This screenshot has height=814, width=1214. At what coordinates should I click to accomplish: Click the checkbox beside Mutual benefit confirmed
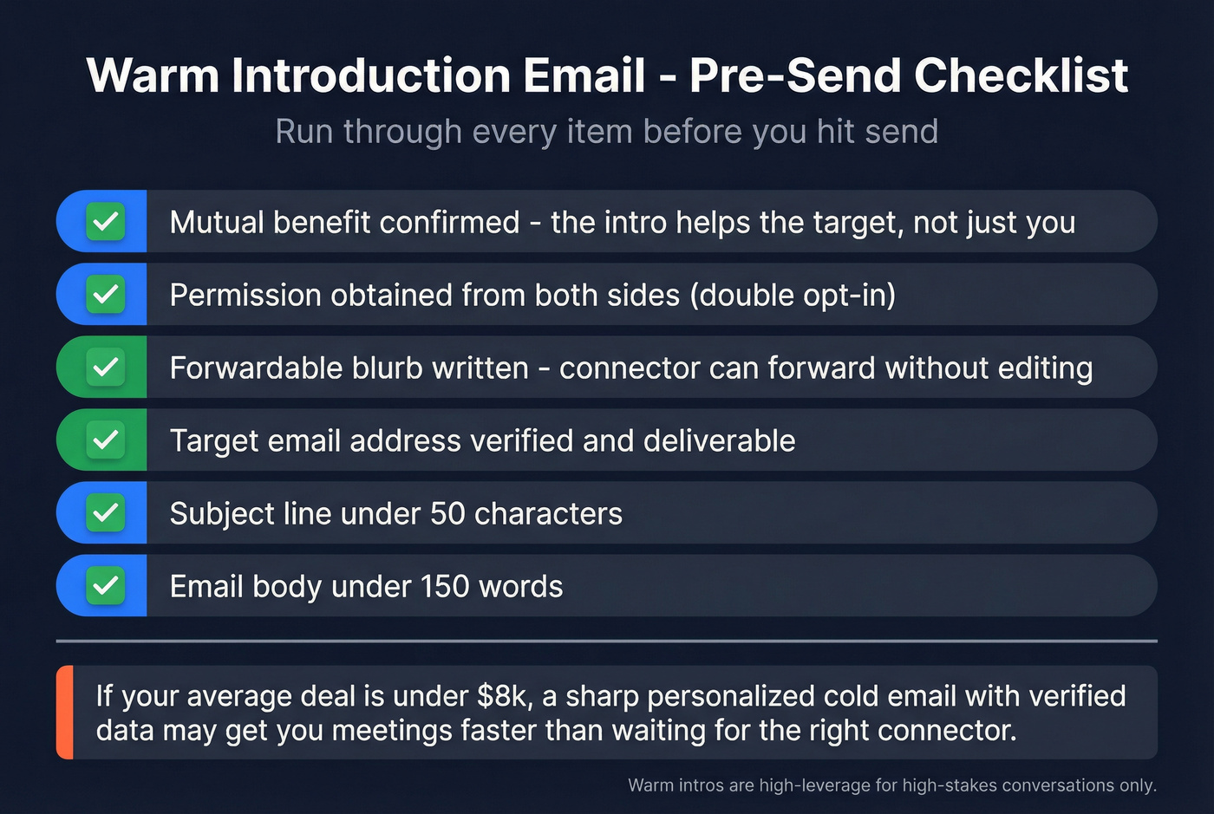coord(105,222)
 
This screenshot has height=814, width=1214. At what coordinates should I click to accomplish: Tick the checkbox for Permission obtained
coord(105,295)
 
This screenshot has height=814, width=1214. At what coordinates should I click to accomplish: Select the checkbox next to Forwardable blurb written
coord(105,368)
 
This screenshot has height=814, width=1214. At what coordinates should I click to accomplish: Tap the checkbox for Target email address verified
coord(105,440)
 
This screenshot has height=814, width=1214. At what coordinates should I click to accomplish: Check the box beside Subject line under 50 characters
coord(105,513)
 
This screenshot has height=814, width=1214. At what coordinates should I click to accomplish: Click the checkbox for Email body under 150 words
coord(105,586)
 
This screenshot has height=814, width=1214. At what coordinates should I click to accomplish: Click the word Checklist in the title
coord(1021,75)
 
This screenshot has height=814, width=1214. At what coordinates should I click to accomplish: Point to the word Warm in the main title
coord(153,75)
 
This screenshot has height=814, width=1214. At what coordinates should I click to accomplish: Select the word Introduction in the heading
coord(370,75)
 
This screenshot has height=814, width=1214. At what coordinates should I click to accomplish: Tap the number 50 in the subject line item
coord(447,513)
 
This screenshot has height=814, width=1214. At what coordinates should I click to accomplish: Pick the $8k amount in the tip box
coord(498,696)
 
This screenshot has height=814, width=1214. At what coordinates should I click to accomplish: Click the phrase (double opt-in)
coord(793,296)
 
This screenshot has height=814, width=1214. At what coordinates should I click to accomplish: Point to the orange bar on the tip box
coord(65,713)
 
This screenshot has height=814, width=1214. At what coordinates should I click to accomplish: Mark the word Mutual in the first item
coord(217,222)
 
